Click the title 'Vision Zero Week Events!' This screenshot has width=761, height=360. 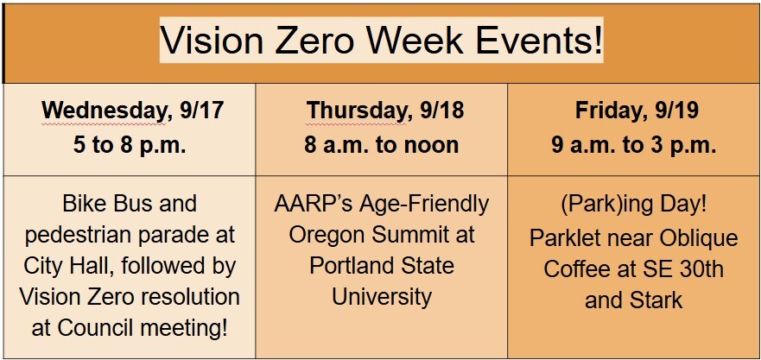coord(381,41)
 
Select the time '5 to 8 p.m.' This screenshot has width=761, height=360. coord(130,145)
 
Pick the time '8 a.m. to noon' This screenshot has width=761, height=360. coord(381,145)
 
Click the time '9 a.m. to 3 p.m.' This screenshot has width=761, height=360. coord(634,145)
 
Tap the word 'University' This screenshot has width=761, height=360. coord(381,298)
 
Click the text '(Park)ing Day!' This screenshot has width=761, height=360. coord(633,207)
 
